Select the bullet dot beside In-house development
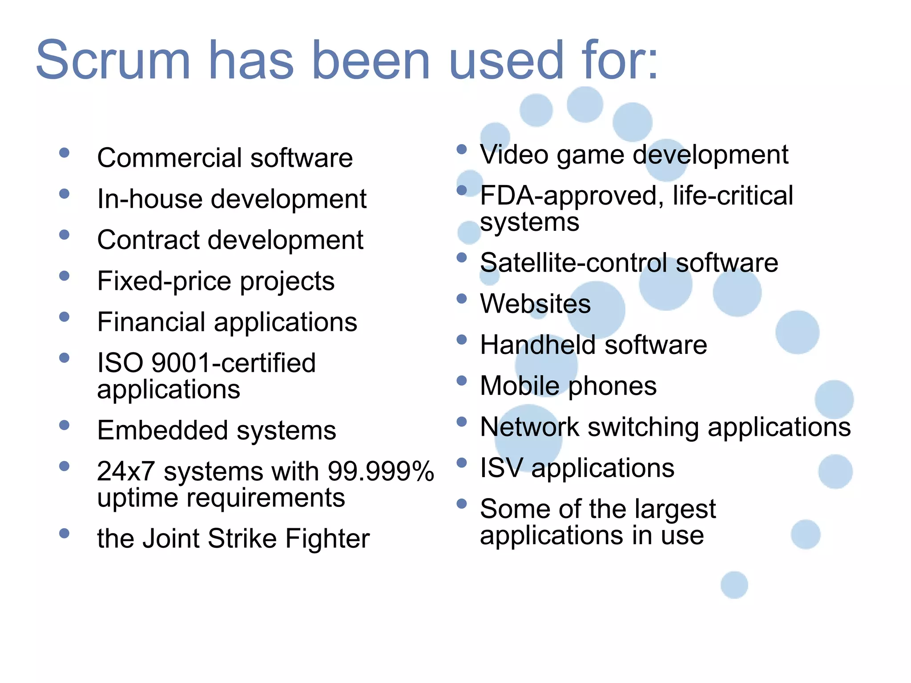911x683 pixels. [64, 194]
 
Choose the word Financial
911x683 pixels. [151, 322]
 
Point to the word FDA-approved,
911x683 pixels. [572, 196]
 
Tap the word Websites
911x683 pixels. [536, 304]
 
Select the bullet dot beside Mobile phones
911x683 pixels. [462, 381]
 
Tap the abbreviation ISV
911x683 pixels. [501, 468]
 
